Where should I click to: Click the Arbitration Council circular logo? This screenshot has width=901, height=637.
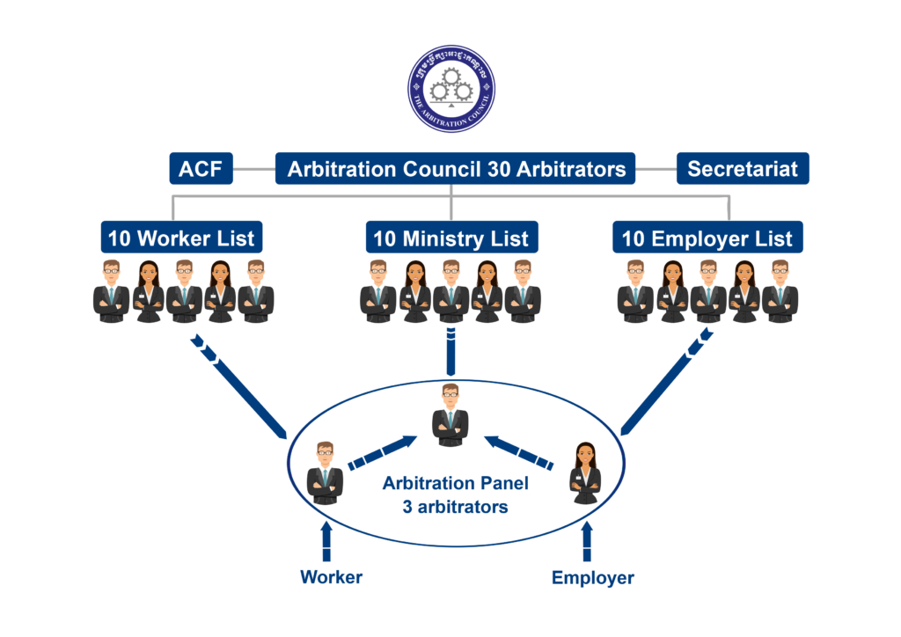pos(450,89)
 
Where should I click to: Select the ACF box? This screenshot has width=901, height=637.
pos(201,168)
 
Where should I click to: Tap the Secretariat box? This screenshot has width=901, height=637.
pos(742,168)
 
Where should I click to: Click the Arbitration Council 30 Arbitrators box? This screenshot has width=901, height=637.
pos(456,168)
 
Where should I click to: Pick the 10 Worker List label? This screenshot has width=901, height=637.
pos(181,238)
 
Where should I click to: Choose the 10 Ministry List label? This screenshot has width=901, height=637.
pos(451,238)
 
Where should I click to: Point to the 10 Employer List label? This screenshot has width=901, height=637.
pos(707,238)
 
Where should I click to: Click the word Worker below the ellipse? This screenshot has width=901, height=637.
pos(331,578)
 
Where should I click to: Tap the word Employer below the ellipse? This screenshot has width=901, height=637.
pos(592,578)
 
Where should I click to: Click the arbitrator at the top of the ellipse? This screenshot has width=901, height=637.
pos(450,415)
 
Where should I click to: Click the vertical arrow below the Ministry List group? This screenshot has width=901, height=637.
pos(450,351)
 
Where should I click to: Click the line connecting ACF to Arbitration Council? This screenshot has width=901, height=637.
pos(254,168)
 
